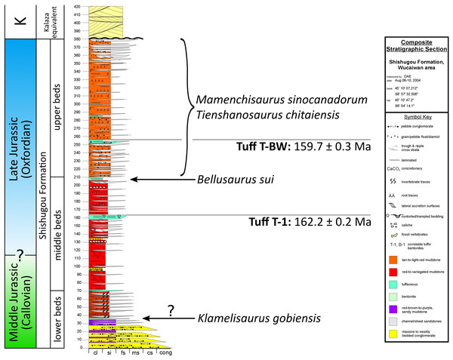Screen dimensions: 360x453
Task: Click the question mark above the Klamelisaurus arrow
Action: pos(171,308)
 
